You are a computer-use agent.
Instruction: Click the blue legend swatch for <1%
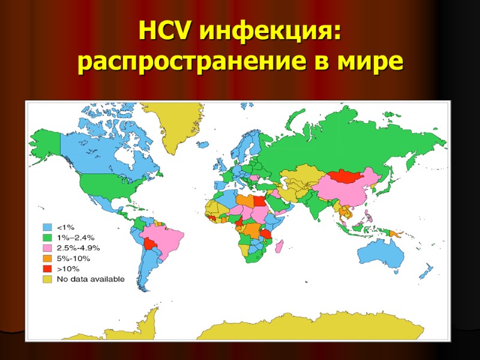pyautogui.click(x=47, y=227)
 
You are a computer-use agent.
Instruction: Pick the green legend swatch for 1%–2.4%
pyautogui.click(x=47, y=238)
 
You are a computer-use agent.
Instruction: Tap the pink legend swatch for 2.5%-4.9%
pyautogui.click(x=47, y=248)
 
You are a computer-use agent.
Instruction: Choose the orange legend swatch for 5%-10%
pyautogui.click(x=47, y=258)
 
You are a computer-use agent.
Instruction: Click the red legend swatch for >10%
pyautogui.click(x=47, y=268)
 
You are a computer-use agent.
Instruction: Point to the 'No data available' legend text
pyautogui.click(x=91, y=278)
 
